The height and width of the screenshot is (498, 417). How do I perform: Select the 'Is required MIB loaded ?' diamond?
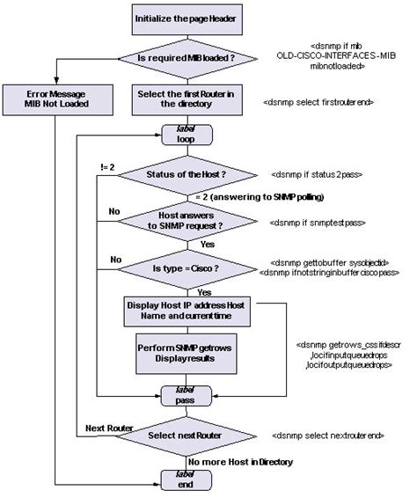pos(186,58)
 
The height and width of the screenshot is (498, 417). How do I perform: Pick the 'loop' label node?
pos(186,135)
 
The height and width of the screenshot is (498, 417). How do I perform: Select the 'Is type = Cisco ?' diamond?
pos(186,267)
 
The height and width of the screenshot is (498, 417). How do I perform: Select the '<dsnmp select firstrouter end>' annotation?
pos(318,103)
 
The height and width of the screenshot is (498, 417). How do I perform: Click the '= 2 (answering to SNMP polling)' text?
pos(260,196)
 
